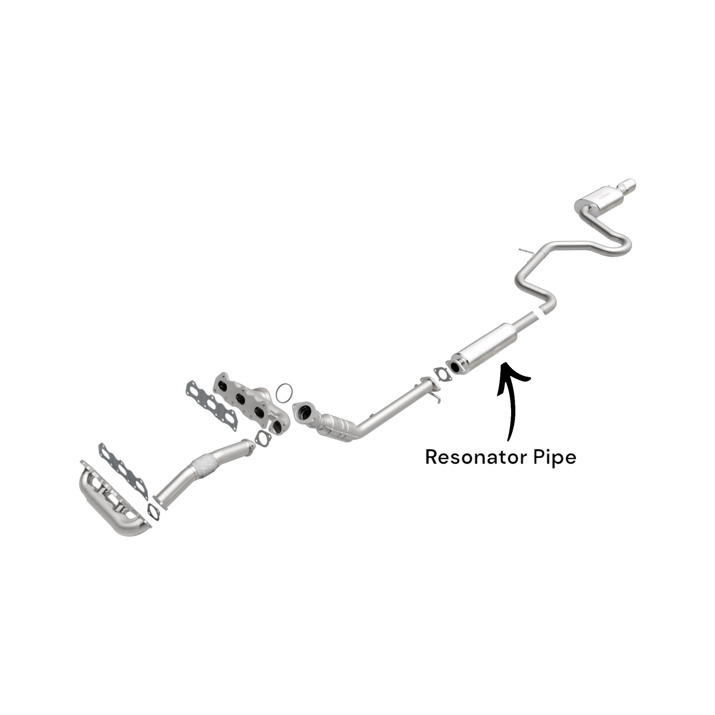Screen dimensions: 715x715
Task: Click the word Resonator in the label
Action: [477, 457]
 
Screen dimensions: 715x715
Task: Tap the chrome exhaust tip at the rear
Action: [627, 184]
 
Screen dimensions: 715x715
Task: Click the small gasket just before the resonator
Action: [441, 374]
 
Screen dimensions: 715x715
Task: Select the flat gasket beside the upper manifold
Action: [211, 406]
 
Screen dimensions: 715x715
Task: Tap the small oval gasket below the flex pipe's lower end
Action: [153, 511]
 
